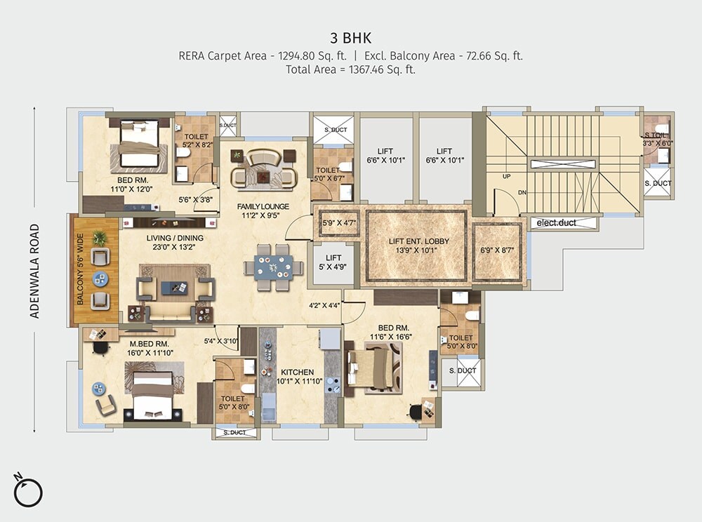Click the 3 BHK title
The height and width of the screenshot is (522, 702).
(x=351, y=37)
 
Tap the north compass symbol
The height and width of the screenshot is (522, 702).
(x=29, y=490)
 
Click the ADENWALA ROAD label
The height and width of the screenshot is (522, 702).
(x=34, y=271)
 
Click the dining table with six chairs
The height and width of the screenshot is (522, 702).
(x=273, y=267)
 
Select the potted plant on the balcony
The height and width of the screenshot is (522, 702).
(x=100, y=238)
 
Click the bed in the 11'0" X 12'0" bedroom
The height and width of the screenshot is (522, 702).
(x=139, y=144)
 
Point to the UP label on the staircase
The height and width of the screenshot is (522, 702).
(x=506, y=176)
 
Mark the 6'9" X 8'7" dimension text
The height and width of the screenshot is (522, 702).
(x=497, y=250)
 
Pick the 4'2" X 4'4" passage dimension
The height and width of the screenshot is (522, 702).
(x=324, y=305)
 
